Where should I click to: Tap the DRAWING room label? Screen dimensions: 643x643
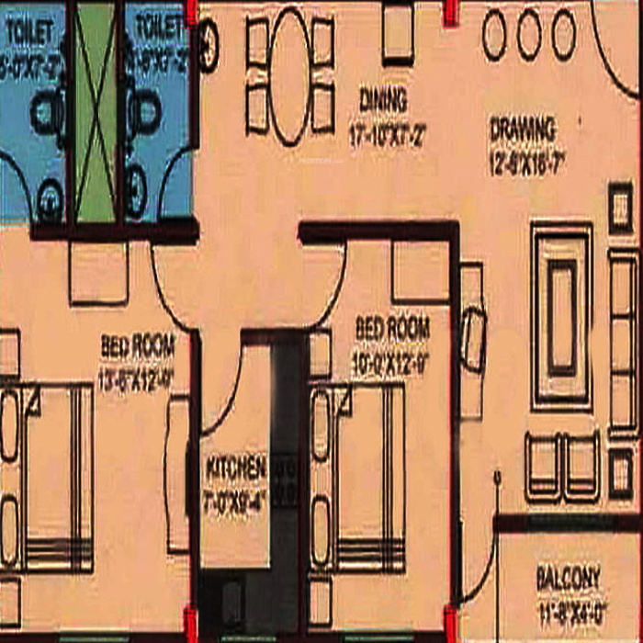(523, 130)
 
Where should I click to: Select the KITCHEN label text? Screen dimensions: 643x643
(236, 468)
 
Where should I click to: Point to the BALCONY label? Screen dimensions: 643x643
(569, 579)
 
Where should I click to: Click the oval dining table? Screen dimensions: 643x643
(290, 75)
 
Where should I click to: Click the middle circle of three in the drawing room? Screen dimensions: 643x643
(528, 35)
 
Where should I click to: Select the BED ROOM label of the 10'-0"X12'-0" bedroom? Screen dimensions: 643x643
(392, 328)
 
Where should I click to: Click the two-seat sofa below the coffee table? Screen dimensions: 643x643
(562, 466)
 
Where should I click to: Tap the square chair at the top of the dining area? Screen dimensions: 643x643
(397, 34)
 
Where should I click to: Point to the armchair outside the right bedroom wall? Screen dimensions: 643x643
(472, 339)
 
